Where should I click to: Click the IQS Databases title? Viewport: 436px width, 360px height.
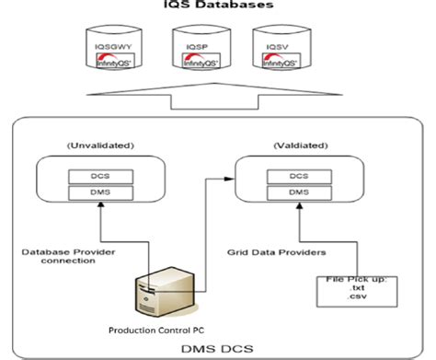pyautogui.click(x=219, y=7)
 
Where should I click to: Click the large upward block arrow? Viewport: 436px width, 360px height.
pyautogui.click(x=218, y=98)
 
